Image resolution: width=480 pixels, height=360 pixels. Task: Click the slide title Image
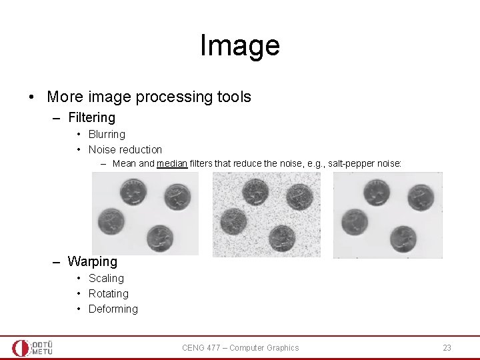(239, 45)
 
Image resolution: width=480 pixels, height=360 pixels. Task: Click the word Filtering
(91, 118)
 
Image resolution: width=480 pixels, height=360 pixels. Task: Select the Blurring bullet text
(107, 134)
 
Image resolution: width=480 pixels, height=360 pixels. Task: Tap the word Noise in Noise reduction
(103, 149)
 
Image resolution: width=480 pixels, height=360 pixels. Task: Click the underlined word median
(172, 163)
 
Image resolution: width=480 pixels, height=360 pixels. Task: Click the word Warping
(92, 261)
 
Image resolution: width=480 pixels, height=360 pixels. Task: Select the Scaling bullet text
(106, 278)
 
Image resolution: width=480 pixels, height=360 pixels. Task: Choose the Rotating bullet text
(108, 293)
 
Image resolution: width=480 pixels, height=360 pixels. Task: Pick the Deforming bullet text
(113, 309)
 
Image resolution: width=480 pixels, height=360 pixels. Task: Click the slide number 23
(447, 347)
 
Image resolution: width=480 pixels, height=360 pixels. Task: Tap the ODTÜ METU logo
(32, 347)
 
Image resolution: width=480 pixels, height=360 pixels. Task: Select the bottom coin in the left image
(160, 236)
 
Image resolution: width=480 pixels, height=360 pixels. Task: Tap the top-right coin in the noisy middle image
(298, 197)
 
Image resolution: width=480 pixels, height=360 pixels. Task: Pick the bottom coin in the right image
(403, 237)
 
